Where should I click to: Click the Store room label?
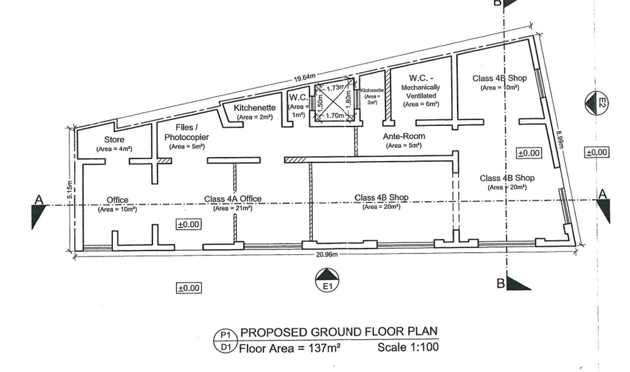point(114,140)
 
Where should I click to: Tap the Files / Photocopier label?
point(186,132)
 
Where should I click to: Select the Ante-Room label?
point(404,137)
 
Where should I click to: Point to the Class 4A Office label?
point(232,199)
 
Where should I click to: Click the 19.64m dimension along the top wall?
point(305,77)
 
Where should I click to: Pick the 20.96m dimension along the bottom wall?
point(326,255)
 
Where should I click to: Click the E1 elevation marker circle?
point(327,280)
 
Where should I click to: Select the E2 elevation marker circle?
point(596,103)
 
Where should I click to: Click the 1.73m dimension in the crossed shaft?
point(335,88)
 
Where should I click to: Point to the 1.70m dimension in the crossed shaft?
point(335,116)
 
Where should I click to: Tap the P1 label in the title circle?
point(226,335)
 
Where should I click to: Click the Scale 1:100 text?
point(408,346)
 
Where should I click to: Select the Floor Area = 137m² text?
point(290,348)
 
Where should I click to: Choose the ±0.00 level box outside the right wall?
point(596,153)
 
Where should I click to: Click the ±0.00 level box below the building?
point(189,288)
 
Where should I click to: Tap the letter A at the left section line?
point(39,199)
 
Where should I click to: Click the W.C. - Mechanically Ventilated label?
point(421,91)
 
